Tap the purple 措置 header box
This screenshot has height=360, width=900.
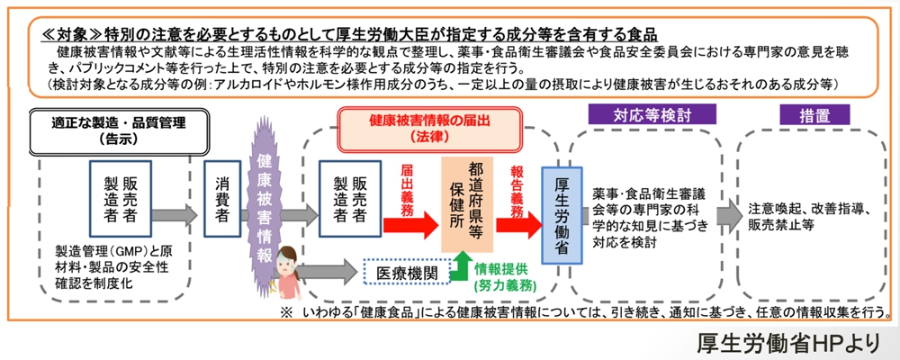813,114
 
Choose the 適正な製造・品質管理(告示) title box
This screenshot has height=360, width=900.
113,130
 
